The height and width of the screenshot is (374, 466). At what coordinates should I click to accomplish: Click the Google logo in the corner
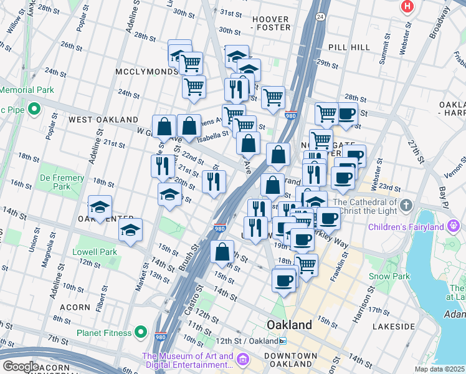(x=20, y=367)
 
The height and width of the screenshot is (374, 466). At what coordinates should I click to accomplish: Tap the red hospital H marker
(x=407, y=6)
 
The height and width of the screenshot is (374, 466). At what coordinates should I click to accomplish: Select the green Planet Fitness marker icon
(x=141, y=332)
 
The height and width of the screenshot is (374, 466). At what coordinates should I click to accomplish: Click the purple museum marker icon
(x=242, y=359)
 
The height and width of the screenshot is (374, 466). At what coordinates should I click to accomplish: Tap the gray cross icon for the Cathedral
(x=406, y=205)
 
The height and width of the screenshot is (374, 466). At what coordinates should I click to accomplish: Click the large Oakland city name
(x=289, y=325)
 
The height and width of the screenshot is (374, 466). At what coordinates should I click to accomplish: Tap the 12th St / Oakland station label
(x=252, y=341)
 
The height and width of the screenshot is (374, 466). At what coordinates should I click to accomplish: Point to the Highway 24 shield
(x=320, y=16)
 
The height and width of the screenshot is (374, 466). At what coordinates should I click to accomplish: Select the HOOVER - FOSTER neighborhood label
(x=271, y=23)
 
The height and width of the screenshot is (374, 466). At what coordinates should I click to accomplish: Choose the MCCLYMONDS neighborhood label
(x=146, y=72)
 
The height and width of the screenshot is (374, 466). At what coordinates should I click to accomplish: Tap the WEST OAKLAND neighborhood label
(x=103, y=119)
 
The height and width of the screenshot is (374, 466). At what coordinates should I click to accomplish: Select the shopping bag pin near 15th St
(x=222, y=252)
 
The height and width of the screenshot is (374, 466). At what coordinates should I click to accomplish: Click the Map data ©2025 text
(x=440, y=369)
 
